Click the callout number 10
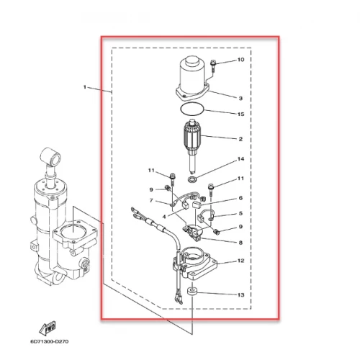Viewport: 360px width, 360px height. tap(240, 60)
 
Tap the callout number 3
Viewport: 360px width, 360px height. tap(240, 98)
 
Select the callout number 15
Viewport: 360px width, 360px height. tap(240, 114)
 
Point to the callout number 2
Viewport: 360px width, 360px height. tap(240, 139)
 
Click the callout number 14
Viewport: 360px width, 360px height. tap(240, 159)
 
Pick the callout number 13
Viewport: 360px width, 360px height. tap(240, 294)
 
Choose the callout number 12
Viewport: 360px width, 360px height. tap(240, 261)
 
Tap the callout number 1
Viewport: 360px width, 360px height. tap(84, 87)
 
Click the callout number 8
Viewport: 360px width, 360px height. tap(240, 243)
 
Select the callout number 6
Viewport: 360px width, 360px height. tap(240, 198)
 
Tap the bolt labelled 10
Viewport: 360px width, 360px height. tap(213, 66)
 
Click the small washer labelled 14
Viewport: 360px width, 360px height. tap(192, 179)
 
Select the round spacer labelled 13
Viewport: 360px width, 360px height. tap(192, 292)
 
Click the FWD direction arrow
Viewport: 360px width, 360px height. tap(48, 328)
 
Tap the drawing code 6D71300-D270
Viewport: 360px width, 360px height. tap(50, 341)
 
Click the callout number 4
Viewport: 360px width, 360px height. tap(164, 217)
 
